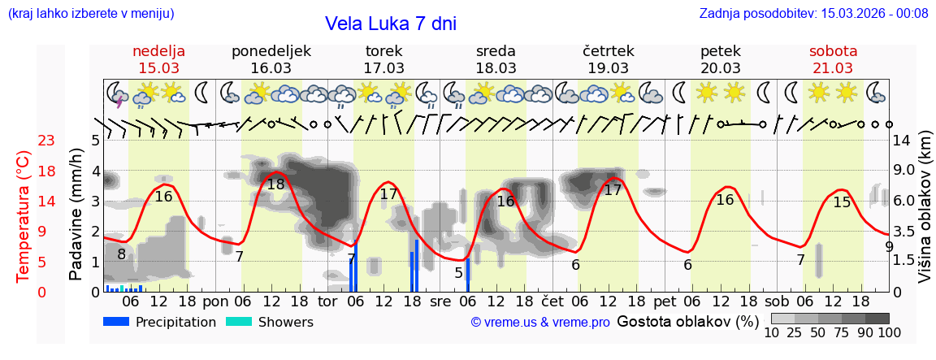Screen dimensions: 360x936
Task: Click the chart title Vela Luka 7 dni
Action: click(x=390, y=24)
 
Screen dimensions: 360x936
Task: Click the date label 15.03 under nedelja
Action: click(x=159, y=68)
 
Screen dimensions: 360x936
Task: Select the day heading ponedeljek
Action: click(x=271, y=51)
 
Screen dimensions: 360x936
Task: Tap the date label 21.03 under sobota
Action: click(x=833, y=68)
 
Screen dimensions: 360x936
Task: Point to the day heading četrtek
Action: click(x=609, y=51)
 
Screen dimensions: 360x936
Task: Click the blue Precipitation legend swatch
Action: click(x=116, y=322)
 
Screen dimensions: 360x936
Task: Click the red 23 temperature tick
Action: click(x=46, y=141)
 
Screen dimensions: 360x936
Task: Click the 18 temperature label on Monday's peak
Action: click(x=276, y=184)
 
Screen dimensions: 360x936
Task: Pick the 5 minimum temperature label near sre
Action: click(x=458, y=272)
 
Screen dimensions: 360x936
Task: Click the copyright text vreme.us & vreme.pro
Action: click(x=540, y=323)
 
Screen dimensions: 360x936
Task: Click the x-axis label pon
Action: click(x=215, y=301)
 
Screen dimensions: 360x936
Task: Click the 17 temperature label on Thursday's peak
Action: click(x=613, y=190)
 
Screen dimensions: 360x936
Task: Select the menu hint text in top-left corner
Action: click(x=91, y=13)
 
